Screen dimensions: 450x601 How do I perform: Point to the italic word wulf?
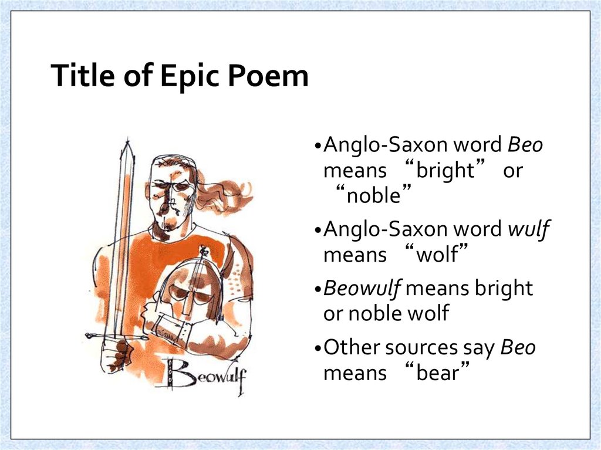[528, 229]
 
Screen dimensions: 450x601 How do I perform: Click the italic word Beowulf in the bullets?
[363, 289]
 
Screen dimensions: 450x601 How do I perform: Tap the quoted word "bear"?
[435, 373]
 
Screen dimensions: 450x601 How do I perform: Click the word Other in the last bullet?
[352, 347]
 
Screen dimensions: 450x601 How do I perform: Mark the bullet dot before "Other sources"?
[318, 348]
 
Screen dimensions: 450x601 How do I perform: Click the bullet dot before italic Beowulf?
[318, 289]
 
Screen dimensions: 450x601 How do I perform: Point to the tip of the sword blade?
[127, 143]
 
